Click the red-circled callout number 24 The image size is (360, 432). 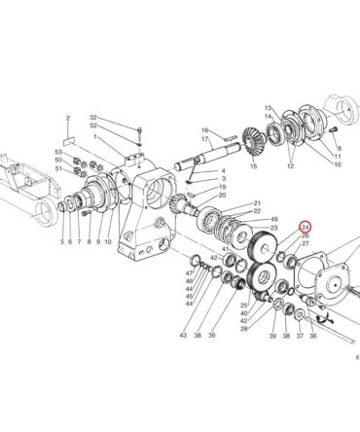[306, 228]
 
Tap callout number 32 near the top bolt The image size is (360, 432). [93, 118]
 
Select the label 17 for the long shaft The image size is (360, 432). [204, 139]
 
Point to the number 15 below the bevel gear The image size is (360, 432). [254, 166]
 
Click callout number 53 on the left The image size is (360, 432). [58, 152]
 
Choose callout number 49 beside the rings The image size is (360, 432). [274, 219]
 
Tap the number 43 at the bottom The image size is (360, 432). [183, 335]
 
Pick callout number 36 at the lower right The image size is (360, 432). [313, 337]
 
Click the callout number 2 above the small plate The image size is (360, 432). [68, 119]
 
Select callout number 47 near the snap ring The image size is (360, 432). [190, 272]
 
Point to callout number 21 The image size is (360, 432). [257, 203]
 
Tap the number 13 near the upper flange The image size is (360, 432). [268, 108]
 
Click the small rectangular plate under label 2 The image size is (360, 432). [69, 142]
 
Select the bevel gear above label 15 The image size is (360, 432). [252, 143]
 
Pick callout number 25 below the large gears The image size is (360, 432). [244, 306]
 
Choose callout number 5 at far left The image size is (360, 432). [62, 241]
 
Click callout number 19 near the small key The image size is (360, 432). [222, 187]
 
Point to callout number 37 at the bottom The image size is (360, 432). [300, 337]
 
